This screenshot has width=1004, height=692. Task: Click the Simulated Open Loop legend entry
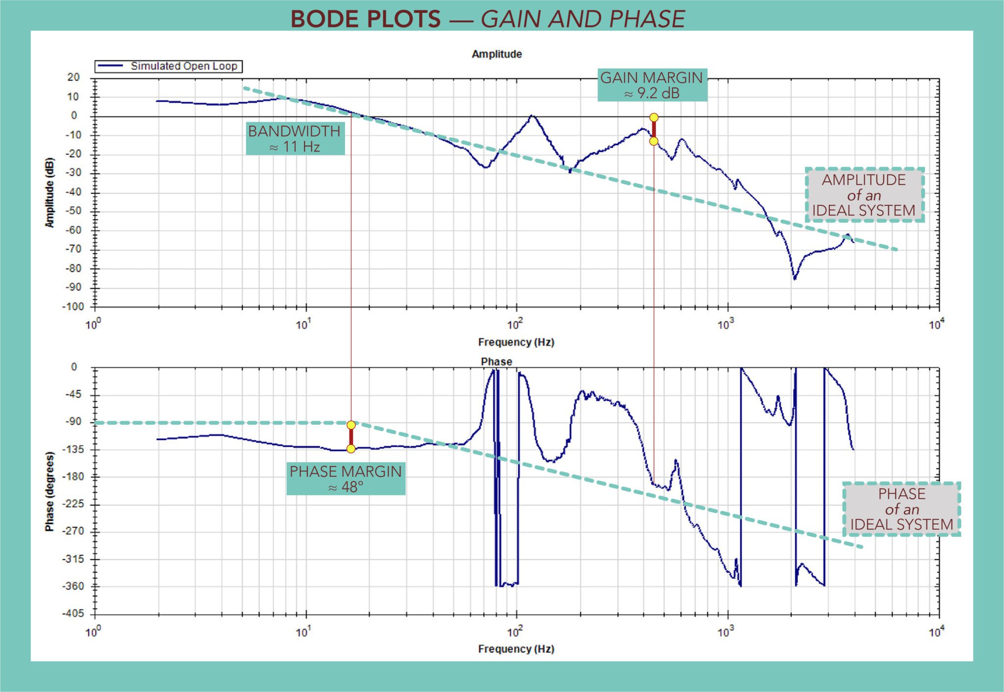169,66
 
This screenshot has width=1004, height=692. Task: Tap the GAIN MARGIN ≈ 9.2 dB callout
652,85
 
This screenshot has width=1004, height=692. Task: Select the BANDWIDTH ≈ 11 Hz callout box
294,138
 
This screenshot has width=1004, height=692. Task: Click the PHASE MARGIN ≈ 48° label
345,479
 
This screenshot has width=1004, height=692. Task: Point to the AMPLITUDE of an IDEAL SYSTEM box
864,195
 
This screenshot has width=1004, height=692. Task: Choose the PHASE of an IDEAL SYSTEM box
901,509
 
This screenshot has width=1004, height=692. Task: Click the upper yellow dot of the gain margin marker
653,117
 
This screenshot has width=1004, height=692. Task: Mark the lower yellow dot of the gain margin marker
653,141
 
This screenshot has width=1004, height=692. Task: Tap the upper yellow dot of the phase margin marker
351,425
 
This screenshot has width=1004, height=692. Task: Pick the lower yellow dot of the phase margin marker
351,449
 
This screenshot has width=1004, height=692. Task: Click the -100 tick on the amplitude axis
73,307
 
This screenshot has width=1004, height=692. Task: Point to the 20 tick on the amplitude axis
74,77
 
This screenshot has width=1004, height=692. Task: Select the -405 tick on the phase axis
73,614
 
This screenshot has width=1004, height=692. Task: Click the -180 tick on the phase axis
73,476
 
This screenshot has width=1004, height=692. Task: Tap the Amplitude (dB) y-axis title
50,192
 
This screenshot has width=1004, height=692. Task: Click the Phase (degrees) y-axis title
50,491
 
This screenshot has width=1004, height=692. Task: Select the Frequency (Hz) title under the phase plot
516,649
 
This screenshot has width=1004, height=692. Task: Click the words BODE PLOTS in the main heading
365,19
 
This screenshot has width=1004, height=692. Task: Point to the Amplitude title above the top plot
496,54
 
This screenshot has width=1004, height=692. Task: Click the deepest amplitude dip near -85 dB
794,279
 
